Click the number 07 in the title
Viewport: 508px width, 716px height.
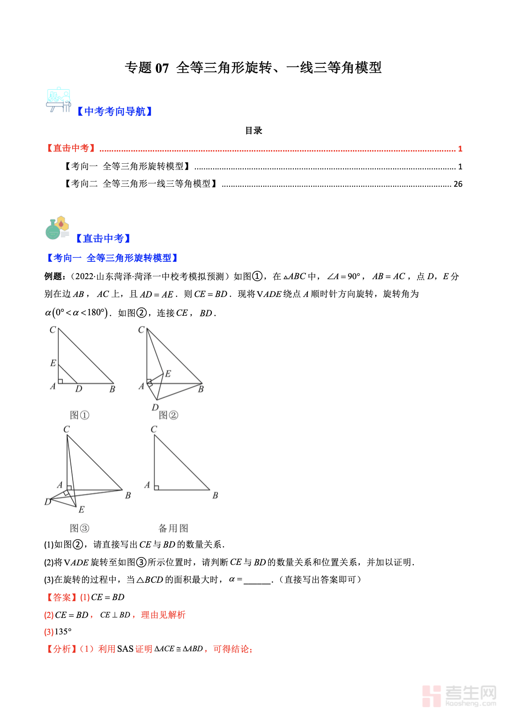pos(162,68)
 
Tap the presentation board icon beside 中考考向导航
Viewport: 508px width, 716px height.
pos(59,99)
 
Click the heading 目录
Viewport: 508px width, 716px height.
pos(254,130)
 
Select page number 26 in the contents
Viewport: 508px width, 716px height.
pos(458,184)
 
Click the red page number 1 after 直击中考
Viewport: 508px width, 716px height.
pos(460,149)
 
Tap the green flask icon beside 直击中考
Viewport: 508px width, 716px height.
pos(57,228)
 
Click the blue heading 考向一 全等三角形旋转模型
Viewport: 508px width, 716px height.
pos(112,258)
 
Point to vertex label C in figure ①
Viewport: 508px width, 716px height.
pos(52,330)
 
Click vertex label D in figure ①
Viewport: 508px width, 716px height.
pos(79,389)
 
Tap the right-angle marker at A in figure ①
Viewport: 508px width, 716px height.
pos(60,381)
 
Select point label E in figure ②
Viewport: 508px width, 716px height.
pos(168,373)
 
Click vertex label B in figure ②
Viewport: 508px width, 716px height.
pos(201,389)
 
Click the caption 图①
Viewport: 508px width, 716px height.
pos(79,415)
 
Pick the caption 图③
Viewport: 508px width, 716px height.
pos(79,528)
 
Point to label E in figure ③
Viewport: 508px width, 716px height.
pos(82,510)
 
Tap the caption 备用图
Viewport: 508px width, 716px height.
pos(173,528)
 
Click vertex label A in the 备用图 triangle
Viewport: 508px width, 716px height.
pos(147,485)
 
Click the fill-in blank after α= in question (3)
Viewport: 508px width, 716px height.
pos(257,580)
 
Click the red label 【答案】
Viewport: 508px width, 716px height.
pos(61,597)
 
